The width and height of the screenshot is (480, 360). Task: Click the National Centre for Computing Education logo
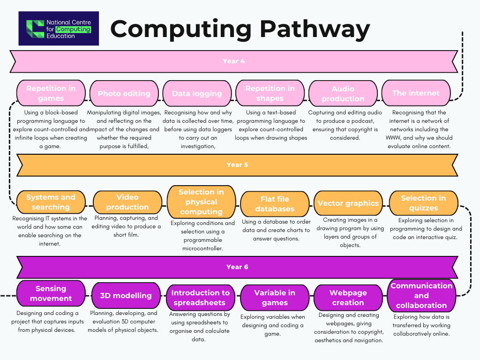pyautogui.click(x=59, y=29)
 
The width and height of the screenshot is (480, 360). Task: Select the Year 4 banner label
pyautogui.click(x=233, y=61)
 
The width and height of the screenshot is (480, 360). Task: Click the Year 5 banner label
pyautogui.click(x=237, y=165)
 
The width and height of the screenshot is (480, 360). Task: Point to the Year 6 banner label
pyautogui.click(x=237, y=267)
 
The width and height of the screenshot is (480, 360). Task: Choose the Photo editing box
pyautogui.click(x=124, y=93)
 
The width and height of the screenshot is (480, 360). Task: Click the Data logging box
pyautogui.click(x=197, y=93)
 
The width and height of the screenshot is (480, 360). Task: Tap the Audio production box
pyautogui.click(x=343, y=93)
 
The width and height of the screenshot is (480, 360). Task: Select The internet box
pyautogui.click(x=416, y=93)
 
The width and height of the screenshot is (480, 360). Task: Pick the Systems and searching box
pyautogui.click(x=51, y=202)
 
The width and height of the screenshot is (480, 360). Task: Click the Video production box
pyautogui.click(x=127, y=202)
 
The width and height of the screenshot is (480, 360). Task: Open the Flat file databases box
pyautogui.click(x=275, y=204)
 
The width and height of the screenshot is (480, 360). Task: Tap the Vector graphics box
pyautogui.click(x=348, y=203)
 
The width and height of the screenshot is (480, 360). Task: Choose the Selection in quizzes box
pyautogui.click(x=423, y=203)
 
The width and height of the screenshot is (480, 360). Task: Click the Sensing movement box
pyautogui.click(x=51, y=293)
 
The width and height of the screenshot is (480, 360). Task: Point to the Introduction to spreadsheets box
pyautogui.click(x=200, y=298)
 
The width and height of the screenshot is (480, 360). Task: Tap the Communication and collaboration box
pyautogui.click(x=421, y=295)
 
